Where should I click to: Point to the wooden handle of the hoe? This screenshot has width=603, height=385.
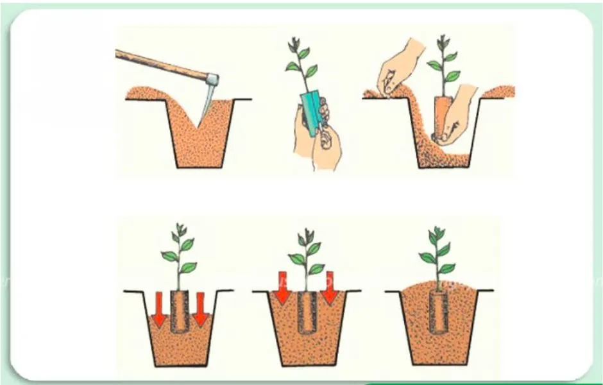(x=160, y=64)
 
